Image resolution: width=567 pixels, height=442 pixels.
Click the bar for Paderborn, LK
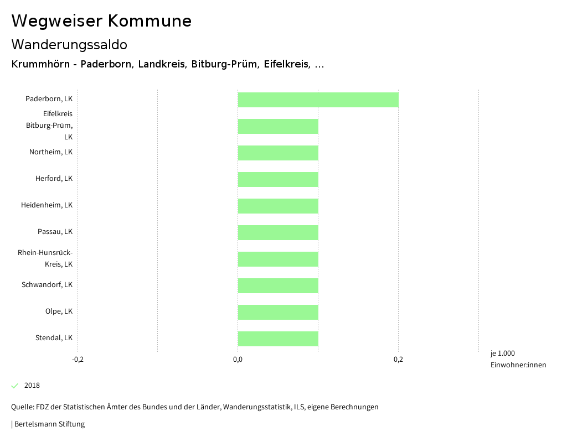pos(318,100)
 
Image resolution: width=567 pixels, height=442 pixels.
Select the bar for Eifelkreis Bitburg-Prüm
pos(278,126)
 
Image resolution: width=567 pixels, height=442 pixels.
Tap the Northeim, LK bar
pos(278,153)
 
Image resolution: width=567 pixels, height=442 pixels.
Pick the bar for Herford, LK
pos(278,179)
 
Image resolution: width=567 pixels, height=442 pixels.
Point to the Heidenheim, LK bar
pos(278,206)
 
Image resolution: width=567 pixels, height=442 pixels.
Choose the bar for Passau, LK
pos(278,232)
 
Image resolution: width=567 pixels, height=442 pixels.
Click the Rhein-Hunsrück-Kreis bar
pos(278,259)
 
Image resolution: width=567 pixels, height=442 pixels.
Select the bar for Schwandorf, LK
pos(278,285)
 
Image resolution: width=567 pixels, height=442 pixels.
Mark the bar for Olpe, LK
pos(278,312)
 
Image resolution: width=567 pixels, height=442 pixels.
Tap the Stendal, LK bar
pos(278,339)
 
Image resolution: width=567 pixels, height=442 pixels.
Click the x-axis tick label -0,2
pos(78,360)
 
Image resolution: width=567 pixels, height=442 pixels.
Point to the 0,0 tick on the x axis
pos(238,360)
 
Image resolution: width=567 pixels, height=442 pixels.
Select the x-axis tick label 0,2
pos(398,360)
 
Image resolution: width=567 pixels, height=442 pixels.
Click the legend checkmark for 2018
pos(15,386)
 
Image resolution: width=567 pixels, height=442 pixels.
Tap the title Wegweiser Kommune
pos(101,21)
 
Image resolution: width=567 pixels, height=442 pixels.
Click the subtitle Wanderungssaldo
pos(69,44)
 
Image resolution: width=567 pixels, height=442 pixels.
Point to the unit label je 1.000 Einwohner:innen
pos(518,359)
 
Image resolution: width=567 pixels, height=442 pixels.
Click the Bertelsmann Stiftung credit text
pos(49,424)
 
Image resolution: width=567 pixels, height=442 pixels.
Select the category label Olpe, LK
pos(59,311)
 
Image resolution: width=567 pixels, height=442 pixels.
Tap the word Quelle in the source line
pos(22,407)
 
